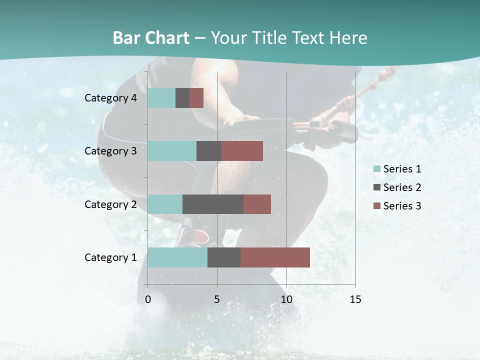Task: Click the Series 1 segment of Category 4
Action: coord(161,98)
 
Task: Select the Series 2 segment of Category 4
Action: coord(182,98)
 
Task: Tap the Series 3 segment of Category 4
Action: coord(196,98)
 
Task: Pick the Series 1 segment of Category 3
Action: coord(172,151)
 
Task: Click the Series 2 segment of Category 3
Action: coord(209,151)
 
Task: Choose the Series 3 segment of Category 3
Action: coord(242,151)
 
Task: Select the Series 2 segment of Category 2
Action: coord(213,204)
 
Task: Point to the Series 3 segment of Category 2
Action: coord(257,204)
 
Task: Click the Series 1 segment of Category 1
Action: coord(177,257)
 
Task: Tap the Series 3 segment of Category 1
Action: coord(275,257)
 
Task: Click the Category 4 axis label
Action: coord(110,98)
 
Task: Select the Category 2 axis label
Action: coord(110,204)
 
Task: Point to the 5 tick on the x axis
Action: coord(217,299)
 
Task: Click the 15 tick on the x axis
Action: coord(355,299)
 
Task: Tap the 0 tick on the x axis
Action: coord(148,299)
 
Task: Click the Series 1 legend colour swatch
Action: coord(376,169)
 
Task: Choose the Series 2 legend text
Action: coord(402,187)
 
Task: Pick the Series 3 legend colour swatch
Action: coord(376,206)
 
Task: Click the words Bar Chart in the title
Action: coord(151,38)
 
